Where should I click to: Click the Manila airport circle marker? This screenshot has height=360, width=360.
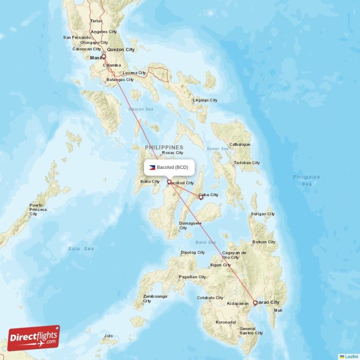[103, 57]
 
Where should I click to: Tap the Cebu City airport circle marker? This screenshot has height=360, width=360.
[201, 197]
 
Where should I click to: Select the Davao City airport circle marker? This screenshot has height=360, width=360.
[255, 303]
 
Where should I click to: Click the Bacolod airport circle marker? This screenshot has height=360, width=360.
[169, 182]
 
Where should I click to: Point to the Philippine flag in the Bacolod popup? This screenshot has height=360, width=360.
[152, 167]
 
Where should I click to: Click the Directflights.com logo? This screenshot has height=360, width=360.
[34, 337]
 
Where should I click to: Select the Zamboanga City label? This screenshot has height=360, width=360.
[155, 298]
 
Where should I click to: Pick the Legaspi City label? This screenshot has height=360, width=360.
[205, 100]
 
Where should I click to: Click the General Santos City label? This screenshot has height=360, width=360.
[252, 331]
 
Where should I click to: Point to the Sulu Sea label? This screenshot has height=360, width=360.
[81, 248]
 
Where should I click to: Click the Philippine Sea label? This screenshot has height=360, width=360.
[306, 180]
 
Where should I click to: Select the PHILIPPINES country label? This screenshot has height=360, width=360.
[164, 147]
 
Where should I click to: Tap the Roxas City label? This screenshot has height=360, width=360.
[173, 153]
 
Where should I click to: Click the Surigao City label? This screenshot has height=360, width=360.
[262, 214]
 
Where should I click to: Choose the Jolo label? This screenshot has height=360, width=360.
[108, 336]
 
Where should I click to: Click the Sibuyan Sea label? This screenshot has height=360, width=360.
[140, 109]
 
